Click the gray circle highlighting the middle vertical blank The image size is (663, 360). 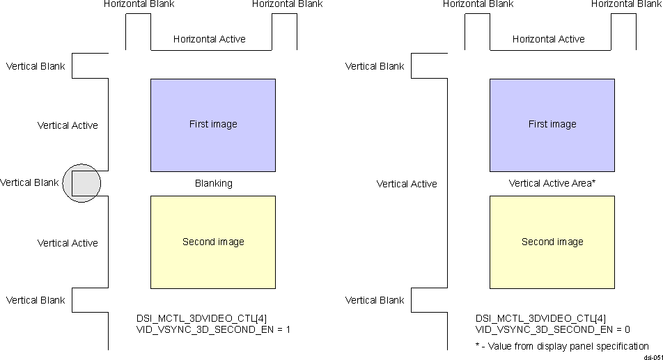[81, 183]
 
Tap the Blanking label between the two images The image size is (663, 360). [213, 184]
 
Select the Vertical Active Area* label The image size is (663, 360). [552, 184]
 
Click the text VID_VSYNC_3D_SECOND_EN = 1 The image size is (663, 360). [213, 329]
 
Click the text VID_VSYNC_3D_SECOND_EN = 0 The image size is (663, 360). [552, 329]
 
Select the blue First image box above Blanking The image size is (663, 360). [213, 125]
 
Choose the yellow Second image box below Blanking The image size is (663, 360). [213, 242]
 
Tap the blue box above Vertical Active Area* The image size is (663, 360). [552, 125]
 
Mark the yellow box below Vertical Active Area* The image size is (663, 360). [552, 242]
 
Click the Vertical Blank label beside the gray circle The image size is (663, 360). [30, 183]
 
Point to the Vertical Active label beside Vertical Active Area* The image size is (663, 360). [407, 184]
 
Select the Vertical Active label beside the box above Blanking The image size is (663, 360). [68, 126]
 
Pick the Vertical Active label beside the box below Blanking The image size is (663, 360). [68, 243]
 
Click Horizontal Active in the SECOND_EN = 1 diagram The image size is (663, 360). [210, 39]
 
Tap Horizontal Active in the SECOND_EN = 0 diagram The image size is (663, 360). [549, 39]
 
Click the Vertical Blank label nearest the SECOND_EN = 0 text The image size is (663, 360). [375, 301]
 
